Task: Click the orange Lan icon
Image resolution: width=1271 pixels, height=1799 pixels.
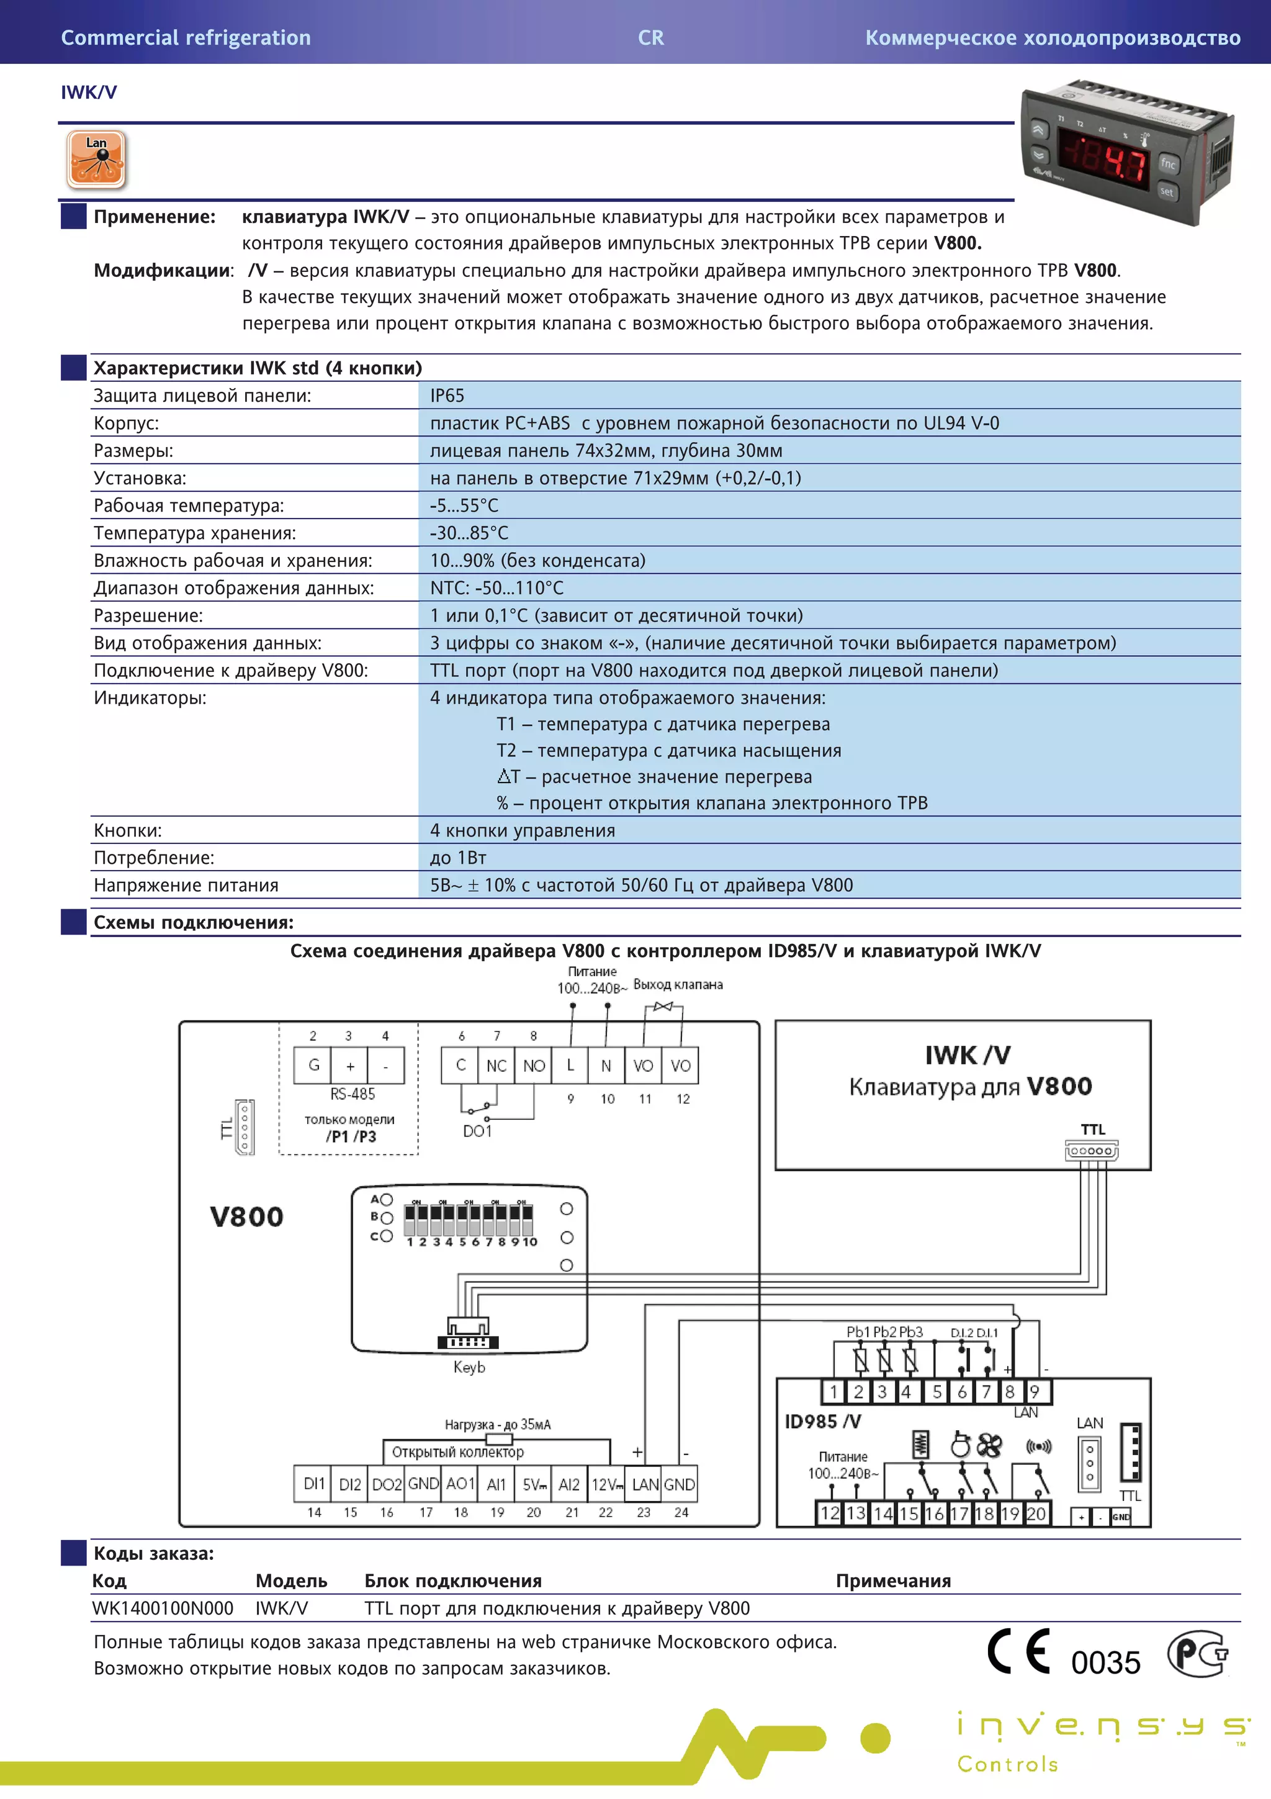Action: point(96,160)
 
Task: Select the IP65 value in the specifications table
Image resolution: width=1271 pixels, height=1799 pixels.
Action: point(447,396)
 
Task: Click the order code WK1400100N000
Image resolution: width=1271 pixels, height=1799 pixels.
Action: point(163,1608)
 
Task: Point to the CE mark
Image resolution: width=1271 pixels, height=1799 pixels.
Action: point(1018,1651)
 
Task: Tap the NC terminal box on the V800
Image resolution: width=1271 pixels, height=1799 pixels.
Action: point(496,1066)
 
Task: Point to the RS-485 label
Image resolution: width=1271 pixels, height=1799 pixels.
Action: point(353,1094)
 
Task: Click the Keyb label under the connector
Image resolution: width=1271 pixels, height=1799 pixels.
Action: point(469,1367)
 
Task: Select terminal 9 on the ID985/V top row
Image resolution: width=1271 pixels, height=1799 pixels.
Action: point(1035,1392)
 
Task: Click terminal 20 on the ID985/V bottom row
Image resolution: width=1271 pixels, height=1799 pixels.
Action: point(1035,1513)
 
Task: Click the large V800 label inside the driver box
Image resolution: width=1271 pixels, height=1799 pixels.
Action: point(246,1217)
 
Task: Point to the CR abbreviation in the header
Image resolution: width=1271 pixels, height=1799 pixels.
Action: point(651,38)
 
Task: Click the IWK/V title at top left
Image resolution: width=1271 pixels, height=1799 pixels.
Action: point(89,93)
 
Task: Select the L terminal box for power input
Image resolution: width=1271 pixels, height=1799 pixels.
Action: point(570,1066)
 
